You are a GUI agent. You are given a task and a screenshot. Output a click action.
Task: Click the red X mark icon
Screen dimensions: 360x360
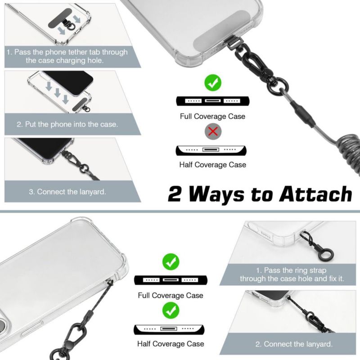click(x=213, y=131)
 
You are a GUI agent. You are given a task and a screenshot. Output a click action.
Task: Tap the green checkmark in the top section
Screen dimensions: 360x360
click(x=213, y=83)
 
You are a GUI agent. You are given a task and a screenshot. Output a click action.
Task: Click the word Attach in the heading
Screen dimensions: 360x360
click(x=315, y=194)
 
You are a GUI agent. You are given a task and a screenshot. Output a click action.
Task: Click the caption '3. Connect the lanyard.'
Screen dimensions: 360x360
click(x=67, y=192)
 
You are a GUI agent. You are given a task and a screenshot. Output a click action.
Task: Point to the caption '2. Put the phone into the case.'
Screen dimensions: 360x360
click(x=67, y=125)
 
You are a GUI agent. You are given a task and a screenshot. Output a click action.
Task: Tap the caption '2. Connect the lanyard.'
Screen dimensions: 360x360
click(x=294, y=344)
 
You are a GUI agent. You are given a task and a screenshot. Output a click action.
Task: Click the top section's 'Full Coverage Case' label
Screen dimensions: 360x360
click(x=212, y=117)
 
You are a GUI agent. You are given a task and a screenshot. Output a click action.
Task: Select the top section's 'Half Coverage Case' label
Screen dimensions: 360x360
click(x=212, y=165)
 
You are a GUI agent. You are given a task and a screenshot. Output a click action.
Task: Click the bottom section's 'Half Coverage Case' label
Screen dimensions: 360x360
click(x=171, y=344)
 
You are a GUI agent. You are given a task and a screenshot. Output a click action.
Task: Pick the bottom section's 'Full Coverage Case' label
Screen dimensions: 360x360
click(x=171, y=295)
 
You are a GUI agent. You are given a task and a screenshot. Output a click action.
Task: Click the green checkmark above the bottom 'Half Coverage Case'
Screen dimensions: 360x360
click(x=171, y=310)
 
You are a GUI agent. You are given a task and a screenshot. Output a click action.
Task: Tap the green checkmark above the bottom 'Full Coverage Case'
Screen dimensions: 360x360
click(x=171, y=262)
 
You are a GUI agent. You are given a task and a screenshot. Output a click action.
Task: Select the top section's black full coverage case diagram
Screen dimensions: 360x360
click(x=212, y=101)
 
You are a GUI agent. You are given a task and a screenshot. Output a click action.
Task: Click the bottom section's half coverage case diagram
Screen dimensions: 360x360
click(x=169, y=330)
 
